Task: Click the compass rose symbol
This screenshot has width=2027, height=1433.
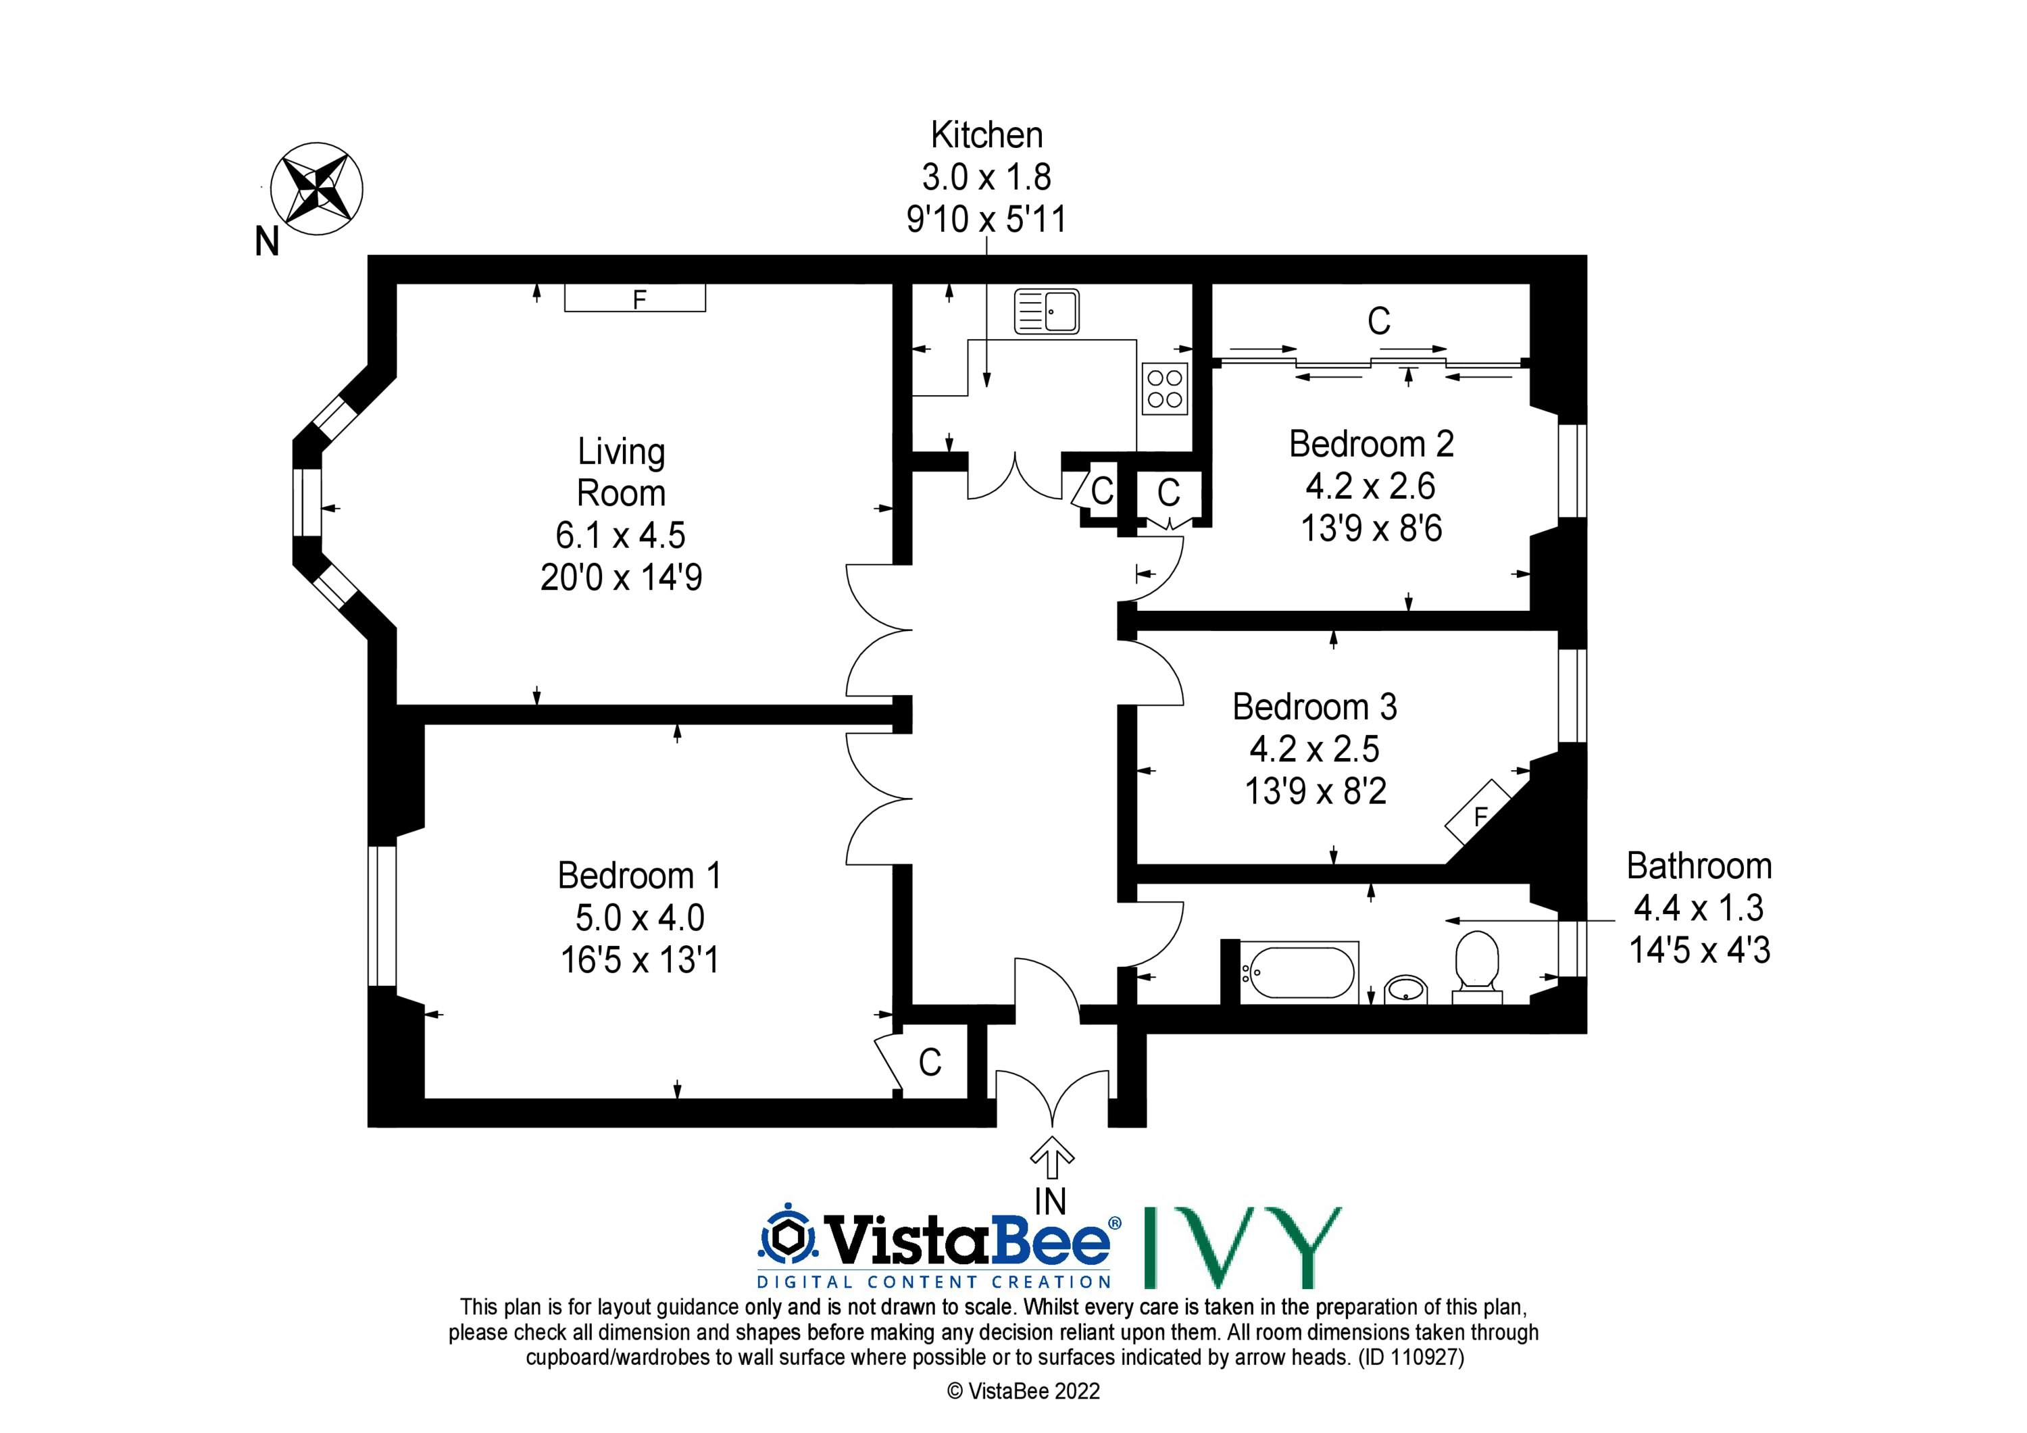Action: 316,188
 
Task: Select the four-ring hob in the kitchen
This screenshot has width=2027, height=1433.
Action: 1164,388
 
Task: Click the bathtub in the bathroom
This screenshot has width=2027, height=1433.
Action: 1299,973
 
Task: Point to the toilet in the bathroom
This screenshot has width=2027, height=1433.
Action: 1477,967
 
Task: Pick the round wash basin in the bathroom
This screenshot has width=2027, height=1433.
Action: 1405,989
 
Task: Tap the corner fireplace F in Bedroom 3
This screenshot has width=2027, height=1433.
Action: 1478,812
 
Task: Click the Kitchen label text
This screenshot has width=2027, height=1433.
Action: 986,135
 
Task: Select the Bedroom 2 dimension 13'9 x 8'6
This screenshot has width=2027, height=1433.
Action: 1371,528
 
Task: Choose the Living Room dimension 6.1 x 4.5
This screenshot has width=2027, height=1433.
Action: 621,535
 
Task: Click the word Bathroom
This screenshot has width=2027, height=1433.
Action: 1699,866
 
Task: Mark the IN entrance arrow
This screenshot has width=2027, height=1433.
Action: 1051,1157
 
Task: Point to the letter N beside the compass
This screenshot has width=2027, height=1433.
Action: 268,241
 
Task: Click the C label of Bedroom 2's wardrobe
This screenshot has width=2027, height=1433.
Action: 1379,322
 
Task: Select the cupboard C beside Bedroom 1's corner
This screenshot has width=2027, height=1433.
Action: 930,1062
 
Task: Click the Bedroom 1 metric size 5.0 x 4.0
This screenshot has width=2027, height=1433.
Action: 640,917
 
